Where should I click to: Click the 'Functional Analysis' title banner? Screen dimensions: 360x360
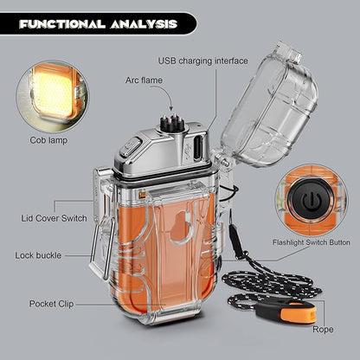(98, 23)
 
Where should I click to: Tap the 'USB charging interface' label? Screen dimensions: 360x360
(203, 61)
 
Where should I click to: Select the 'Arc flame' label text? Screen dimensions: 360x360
(144, 80)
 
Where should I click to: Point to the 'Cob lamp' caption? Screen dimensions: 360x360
(48, 140)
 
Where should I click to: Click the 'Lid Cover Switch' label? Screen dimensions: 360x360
(54, 218)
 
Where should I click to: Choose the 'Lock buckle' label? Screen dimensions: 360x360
(38, 255)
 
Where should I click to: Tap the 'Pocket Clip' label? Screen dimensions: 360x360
(51, 304)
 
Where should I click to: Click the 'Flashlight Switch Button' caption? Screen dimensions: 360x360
(312, 242)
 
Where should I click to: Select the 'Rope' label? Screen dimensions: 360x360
(323, 330)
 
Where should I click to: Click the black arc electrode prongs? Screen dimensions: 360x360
(173, 124)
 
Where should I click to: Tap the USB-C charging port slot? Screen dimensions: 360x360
(198, 147)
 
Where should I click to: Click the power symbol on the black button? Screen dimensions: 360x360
(312, 201)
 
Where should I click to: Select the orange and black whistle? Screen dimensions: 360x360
(286, 312)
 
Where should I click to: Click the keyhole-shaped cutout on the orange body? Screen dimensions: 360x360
(181, 226)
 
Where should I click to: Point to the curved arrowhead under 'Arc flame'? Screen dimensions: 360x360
(171, 108)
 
